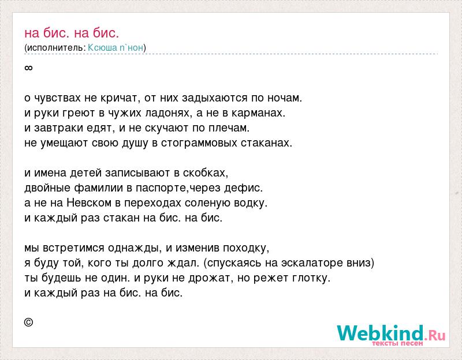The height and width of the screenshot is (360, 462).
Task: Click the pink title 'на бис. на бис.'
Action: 72,33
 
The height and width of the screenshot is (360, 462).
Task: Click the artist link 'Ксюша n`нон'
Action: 115,48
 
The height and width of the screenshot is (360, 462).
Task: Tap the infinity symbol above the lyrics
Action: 28,68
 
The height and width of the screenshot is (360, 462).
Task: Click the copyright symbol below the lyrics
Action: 28,322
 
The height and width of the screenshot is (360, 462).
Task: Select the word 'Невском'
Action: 89,203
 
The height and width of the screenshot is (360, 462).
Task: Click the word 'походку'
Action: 244,248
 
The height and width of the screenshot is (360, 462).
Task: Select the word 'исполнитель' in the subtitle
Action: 54,48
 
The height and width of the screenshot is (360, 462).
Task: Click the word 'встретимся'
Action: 74,248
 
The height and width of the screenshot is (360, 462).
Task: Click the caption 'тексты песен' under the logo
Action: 397,343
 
